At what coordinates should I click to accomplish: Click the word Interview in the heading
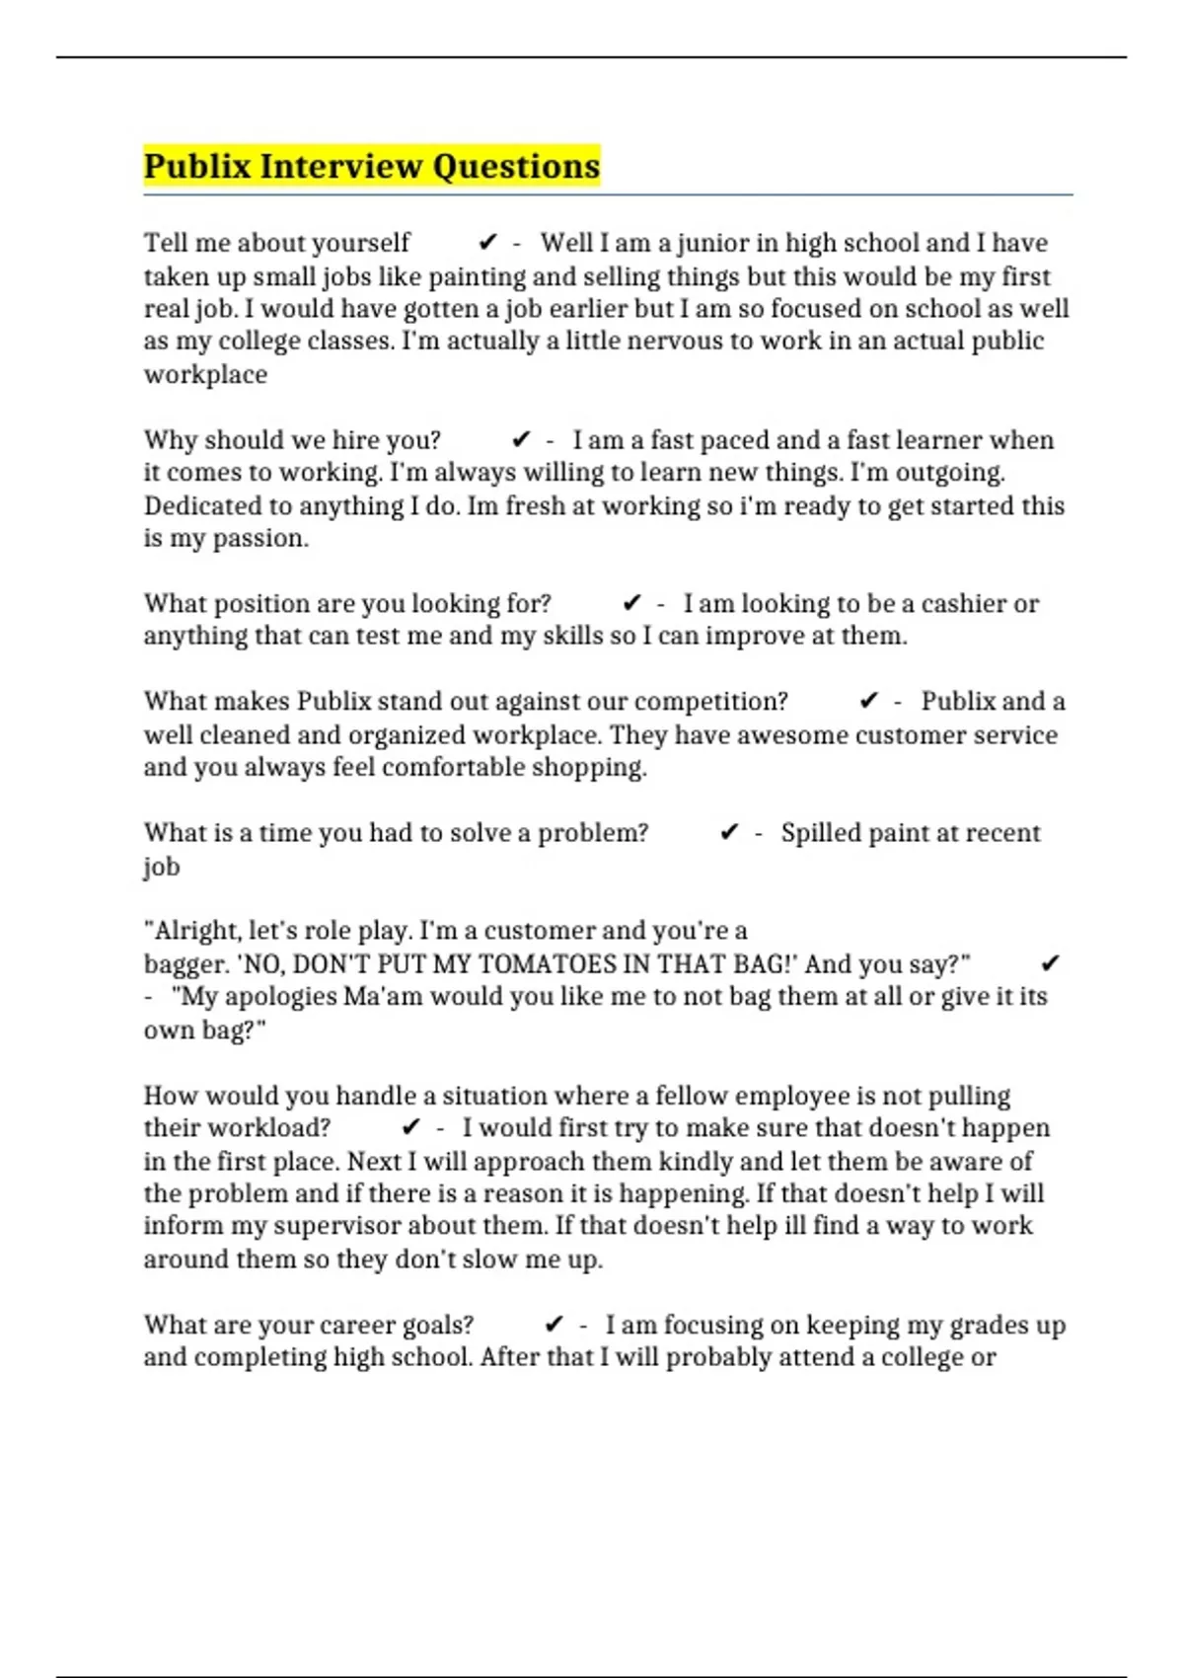(341, 166)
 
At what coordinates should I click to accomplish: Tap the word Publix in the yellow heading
(197, 166)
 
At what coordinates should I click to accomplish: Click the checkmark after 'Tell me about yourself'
(487, 243)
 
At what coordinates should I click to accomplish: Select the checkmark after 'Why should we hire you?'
(522, 440)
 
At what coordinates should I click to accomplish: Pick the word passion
(260, 539)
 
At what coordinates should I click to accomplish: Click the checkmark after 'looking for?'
(632, 603)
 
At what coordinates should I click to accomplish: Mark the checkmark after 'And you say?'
(1050, 964)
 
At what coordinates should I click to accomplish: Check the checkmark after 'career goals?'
(555, 1325)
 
